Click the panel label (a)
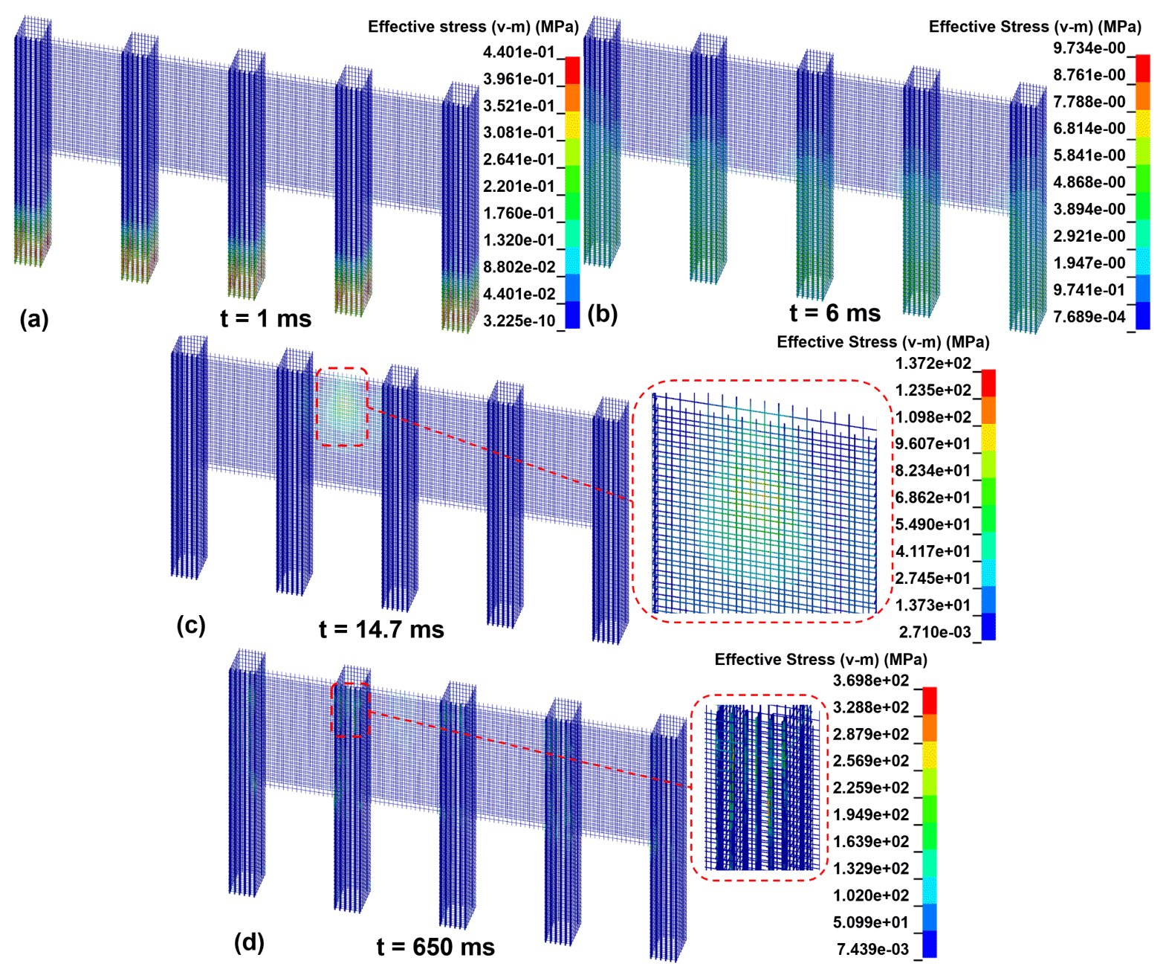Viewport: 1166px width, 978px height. point(34,319)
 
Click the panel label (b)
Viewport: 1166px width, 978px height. point(603,314)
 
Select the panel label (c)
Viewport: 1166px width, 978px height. point(191,625)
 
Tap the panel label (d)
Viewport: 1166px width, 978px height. point(249,942)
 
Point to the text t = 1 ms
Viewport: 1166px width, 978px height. point(265,319)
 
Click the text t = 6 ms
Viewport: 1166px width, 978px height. point(835,314)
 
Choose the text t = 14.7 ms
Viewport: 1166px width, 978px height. point(381,630)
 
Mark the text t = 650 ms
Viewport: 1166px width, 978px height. point(435,948)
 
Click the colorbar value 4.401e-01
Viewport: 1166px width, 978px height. point(519,52)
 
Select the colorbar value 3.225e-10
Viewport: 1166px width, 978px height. point(519,321)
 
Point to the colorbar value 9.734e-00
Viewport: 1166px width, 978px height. point(1089,48)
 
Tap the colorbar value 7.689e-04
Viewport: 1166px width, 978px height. point(1089,317)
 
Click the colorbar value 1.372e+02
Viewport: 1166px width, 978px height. point(933,364)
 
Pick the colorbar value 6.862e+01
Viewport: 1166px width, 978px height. point(933,498)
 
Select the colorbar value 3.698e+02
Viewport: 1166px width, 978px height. point(870,681)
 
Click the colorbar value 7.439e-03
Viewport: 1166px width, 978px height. point(872,950)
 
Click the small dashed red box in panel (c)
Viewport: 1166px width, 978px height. point(343,406)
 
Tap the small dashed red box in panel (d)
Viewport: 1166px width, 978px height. point(350,710)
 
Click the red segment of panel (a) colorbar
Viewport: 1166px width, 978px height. point(572,71)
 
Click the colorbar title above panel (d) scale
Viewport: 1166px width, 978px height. point(820,660)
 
